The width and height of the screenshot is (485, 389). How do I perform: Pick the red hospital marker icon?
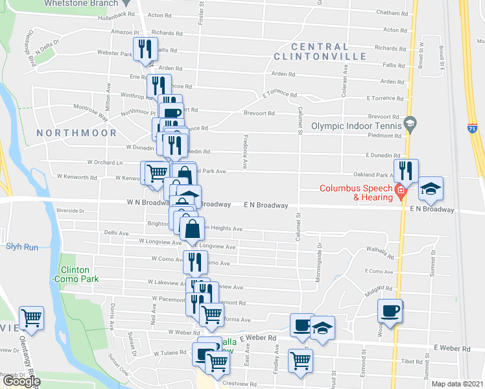pyautogui.click(x=400, y=190)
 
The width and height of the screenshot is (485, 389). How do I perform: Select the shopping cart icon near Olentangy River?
pyautogui.click(x=31, y=317)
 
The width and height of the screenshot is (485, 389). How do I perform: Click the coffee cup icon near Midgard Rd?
pyautogui.click(x=390, y=311)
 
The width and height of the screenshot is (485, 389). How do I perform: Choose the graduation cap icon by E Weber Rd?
pyautogui.click(x=322, y=327)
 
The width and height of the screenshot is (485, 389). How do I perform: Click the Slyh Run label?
pyautogui.click(x=22, y=246)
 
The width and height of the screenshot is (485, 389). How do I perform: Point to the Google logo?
pyautogui.click(x=21, y=381)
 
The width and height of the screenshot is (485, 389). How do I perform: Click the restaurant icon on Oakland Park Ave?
pyautogui.click(x=406, y=171)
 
